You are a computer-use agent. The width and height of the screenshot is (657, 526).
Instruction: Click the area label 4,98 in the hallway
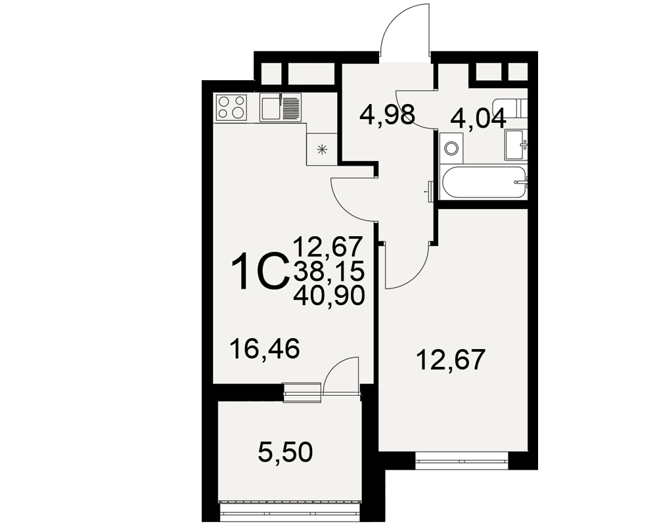pos(387,115)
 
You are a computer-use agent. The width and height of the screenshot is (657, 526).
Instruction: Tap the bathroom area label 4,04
pos(478,119)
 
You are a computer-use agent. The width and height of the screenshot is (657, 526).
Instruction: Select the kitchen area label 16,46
pos(265,349)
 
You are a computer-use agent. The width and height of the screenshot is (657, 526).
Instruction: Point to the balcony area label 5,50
pos(285,452)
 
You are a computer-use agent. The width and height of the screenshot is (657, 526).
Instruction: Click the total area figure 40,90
pos(329,296)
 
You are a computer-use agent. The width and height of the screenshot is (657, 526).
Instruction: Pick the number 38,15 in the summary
pos(329,272)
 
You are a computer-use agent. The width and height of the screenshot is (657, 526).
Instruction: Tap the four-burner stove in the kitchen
pos(231,107)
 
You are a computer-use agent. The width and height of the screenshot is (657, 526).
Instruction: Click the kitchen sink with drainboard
pos(281,107)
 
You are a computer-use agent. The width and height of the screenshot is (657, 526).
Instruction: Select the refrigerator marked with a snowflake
pos(322,149)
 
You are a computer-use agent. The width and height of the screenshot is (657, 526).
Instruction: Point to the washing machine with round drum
pos(451,149)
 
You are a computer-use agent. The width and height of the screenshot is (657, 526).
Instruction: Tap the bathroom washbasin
pos(516,145)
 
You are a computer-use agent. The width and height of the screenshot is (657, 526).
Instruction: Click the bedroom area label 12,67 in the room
pos(451,360)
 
